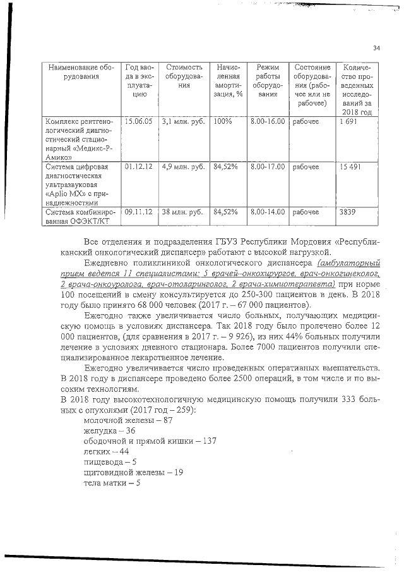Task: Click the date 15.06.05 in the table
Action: click(x=139, y=121)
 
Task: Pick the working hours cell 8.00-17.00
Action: click(x=268, y=167)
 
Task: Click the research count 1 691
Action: click(x=348, y=121)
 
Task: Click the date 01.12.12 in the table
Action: click(x=139, y=167)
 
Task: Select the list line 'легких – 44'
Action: click(x=106, y=452)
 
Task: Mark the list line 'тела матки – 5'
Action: click(x=111, y=484)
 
